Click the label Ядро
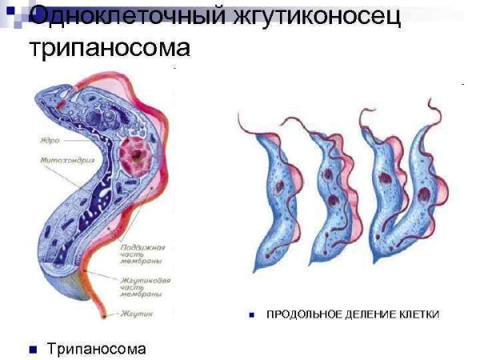(x=50, y=141)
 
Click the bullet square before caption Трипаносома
(x=34, y=350)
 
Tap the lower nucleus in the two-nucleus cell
(x=330, y=199)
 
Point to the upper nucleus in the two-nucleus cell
(x=328, y=174)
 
